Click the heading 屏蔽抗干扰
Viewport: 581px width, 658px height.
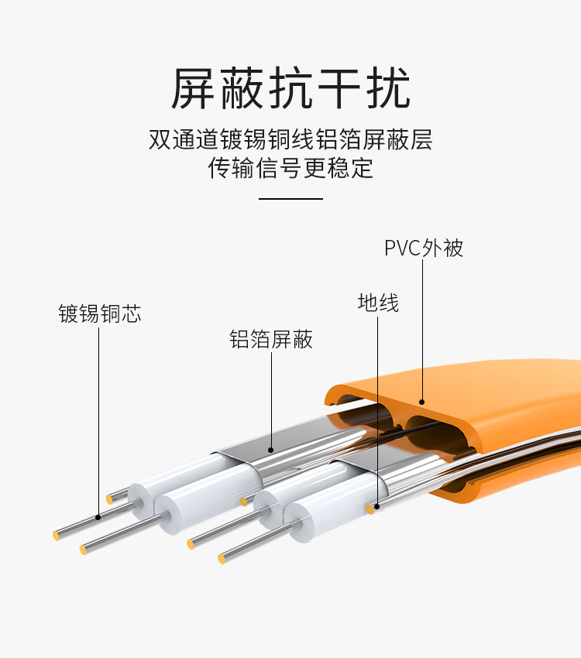[290, 88]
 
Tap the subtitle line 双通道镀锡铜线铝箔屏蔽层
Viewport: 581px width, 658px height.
[290, 139]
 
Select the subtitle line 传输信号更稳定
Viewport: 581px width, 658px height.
[290, 168]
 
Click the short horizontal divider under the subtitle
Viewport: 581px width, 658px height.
[290, 198]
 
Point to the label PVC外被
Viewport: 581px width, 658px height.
[424, 248]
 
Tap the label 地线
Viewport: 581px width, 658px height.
[378, 303]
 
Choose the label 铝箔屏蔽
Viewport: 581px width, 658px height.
[271, 339]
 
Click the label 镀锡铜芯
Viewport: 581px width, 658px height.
[99, 314]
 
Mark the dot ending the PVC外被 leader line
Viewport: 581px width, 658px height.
[422, 402]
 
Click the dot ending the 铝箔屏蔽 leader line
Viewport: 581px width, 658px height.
[271, 450]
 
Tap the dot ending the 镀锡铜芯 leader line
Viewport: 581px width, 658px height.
[98, 517]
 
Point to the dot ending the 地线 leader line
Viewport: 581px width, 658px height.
[377, 507]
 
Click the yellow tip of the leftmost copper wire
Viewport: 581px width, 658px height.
[56, 536]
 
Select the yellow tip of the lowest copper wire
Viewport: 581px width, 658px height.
[222, 559]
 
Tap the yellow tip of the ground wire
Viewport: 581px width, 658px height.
[370, 509]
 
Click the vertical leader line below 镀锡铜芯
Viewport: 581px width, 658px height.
[98, 421]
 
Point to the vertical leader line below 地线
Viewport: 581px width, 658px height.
[377, 411]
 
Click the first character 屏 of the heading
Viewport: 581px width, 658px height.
[193, 88]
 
